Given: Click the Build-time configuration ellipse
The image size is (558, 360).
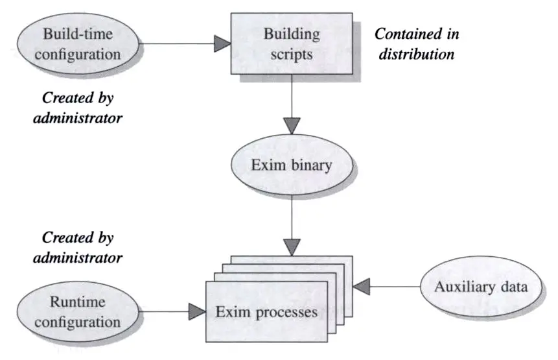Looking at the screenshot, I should tap(78, 44).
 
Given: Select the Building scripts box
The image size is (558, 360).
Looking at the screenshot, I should tap(292, 44).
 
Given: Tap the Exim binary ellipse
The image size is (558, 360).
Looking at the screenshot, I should tap(291, 165).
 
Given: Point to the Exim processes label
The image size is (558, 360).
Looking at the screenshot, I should tap(267, 312).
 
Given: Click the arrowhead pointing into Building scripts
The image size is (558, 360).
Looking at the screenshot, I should tap(222, 44).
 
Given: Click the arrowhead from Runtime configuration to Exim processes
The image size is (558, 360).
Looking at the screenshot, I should tap(196, 313).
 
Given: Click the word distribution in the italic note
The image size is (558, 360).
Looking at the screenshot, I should tap(414, 54).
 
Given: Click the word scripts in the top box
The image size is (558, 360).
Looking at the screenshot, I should tap(292, 54).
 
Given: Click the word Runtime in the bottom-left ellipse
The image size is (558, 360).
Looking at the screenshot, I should tap(78, 302).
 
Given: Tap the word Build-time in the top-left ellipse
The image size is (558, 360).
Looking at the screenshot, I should tap(78, 34).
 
